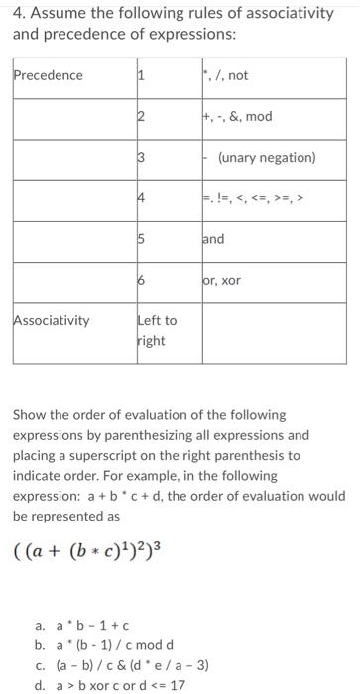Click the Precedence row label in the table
(x=49, y=75)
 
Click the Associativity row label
(x=51, y=320)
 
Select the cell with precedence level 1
(x=141, y=75)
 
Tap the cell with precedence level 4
(x=141, y=198)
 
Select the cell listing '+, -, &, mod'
(x=236, y=116)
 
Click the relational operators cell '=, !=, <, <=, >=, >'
(x=256, y=198)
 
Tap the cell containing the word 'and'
(x=213, y=239)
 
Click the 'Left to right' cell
(x=156, y=329)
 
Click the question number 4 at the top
(x=18, y=13)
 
